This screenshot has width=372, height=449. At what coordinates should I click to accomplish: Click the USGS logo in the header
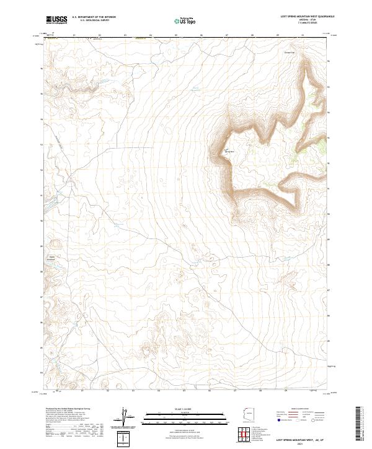(x=56, y=20)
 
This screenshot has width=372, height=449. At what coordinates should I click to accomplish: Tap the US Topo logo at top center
(x=184, y=20)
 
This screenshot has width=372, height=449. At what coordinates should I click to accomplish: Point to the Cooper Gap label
(x=288, y=52)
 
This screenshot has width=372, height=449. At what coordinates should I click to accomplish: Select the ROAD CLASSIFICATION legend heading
(x=299, y=409)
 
